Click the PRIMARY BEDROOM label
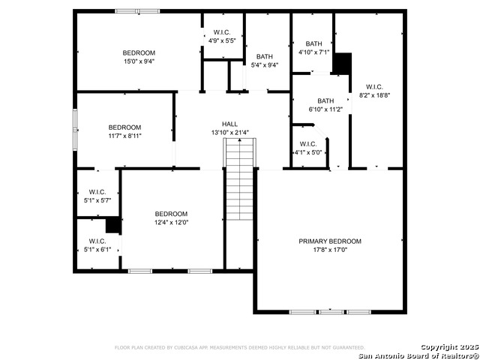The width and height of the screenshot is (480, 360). tap(330, 241)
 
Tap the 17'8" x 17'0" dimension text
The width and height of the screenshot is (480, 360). tap(330, 250)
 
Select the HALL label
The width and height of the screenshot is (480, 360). tap(229, 124)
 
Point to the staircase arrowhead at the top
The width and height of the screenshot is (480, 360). tap(240, 140)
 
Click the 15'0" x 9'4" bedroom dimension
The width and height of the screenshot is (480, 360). tap(139, 61)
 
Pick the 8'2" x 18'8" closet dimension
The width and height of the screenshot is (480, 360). tap(374, 95)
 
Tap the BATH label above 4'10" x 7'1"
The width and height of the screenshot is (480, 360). tap(313, 43)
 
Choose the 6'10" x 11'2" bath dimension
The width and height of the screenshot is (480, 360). tap(325, 109)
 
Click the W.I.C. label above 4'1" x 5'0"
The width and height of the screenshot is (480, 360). tap(308, 144)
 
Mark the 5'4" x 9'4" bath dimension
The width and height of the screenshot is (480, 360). tap(265, 65)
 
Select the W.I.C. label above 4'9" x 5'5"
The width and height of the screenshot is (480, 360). tap(222, 32)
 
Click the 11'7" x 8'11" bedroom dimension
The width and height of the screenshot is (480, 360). tap(125, 136)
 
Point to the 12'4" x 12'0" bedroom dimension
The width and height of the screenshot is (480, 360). tap(171, 223)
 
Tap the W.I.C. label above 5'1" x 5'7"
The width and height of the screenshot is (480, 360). tap(97, 192)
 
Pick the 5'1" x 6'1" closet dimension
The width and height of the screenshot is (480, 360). tap(97, 250)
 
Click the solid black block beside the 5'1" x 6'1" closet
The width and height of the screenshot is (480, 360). tap(113, 225)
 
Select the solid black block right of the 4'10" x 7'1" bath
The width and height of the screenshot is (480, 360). tap(342, 63)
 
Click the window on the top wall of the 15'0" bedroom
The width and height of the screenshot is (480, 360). tap(137, 11)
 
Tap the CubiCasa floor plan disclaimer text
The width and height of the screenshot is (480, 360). tap(240, 348)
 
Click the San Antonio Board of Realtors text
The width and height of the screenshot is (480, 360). tap(418, 356)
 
